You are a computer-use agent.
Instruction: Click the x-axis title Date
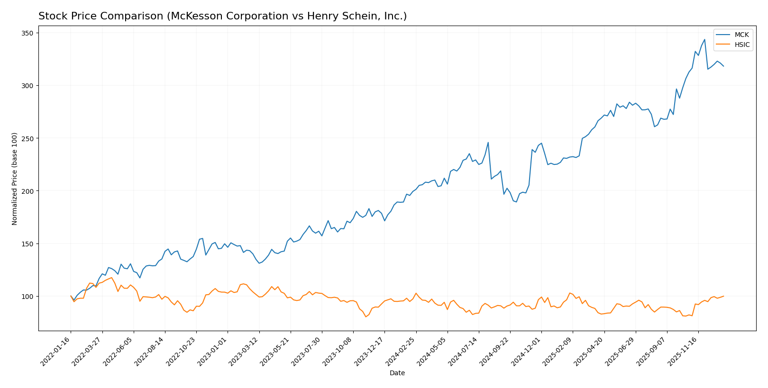397,373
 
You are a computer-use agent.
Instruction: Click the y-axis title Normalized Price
15,179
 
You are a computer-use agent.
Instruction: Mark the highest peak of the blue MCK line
704,39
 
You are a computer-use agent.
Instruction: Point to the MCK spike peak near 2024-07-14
488,142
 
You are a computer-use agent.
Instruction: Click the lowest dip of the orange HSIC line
366,316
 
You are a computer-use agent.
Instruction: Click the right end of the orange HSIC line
723,296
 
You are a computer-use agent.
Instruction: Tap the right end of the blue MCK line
723,66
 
